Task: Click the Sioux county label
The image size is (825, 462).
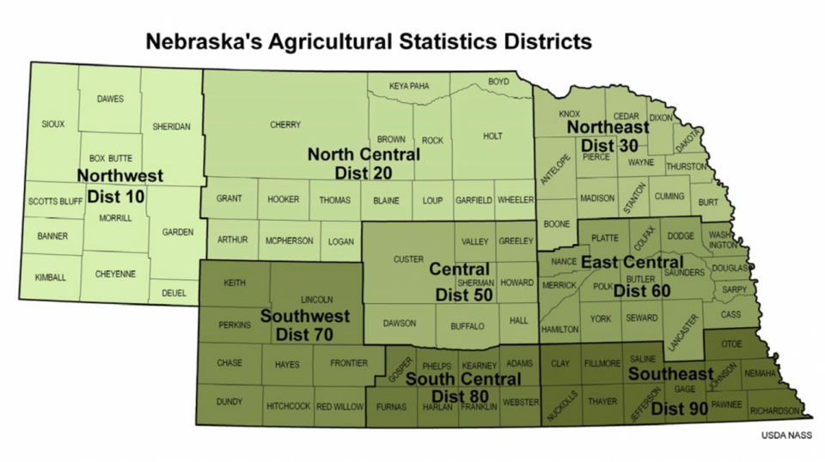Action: point(52,125)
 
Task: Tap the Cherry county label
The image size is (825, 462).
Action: point(285,125)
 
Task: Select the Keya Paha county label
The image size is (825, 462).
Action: point(408,86)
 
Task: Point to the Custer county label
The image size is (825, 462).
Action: point(408,259)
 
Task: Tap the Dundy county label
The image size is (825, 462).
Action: point(229,401)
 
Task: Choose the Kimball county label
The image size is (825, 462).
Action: point(50,277)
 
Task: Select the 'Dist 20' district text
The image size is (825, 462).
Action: point(364,173)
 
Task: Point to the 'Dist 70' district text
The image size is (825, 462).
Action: point(304,334)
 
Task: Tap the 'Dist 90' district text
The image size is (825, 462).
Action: point(679,410)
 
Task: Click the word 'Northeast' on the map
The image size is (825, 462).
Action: point(608,127)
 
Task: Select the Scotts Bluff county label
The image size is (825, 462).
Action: point(55,202)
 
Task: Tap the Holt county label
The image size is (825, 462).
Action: point(492,137)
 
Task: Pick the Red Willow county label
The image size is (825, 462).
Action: point(339,406)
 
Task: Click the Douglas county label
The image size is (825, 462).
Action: point(730,268)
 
